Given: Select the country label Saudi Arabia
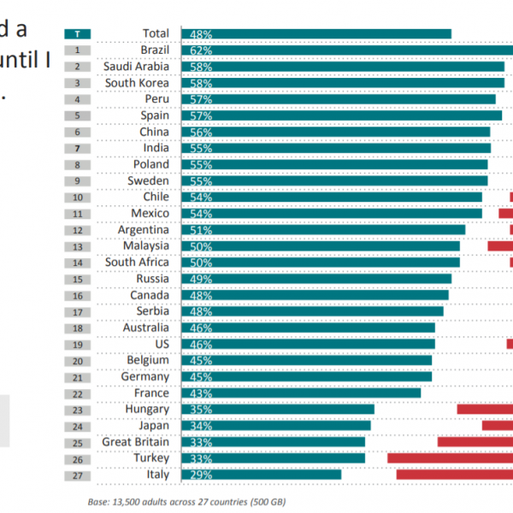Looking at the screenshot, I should [136, 67].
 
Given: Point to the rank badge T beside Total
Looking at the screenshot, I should [78, 34].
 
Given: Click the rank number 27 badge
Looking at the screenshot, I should [78, 475].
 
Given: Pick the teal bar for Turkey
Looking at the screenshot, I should [274, 458].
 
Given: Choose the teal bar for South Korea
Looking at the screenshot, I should [342, 83].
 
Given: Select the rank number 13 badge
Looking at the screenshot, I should [78, 246].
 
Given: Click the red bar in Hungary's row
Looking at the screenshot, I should [485, 410].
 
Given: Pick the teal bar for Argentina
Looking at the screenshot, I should [323, 230].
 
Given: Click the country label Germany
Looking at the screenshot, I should [145, 377].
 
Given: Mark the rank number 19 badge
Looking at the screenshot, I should [78, 344].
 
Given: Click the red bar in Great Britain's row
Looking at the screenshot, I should [475, 442].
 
